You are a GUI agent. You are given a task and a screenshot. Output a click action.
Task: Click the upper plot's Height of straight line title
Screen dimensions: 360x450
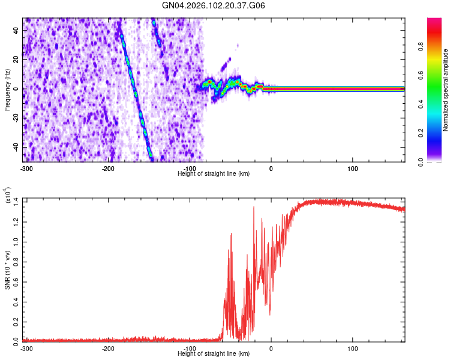tap(214, 173)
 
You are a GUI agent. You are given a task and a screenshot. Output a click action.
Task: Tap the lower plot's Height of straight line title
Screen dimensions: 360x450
tap(214, 353)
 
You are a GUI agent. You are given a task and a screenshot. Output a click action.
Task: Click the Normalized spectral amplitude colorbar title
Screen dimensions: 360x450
tap(445, 90)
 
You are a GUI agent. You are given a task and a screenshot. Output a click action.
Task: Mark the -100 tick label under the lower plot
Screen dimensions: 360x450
tap(190, 347)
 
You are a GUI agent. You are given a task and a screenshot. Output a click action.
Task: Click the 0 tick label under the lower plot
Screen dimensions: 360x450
tap(271, 347)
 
